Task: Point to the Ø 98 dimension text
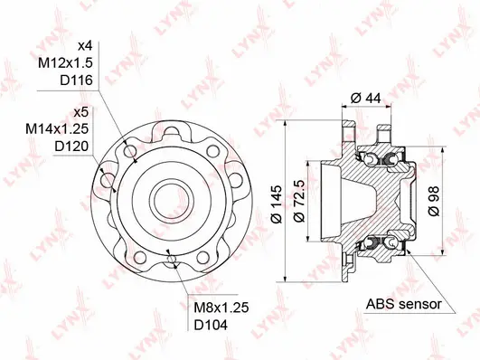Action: pos(433,198)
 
